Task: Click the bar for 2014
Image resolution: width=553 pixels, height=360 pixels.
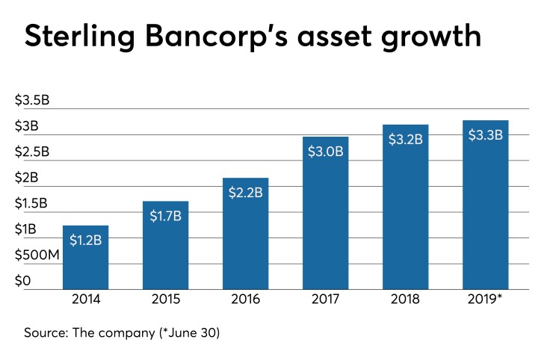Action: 85,258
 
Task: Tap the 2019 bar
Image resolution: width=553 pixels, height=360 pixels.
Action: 486,205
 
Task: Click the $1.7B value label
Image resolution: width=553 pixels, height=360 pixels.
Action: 166,216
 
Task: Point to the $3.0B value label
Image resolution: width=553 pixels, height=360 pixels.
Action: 326,151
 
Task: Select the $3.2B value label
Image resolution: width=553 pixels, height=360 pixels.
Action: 406,139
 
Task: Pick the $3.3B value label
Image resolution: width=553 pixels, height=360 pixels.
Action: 486,134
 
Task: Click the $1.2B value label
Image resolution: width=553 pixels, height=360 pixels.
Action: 85,240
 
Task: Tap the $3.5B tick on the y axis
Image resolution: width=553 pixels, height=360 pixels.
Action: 32,101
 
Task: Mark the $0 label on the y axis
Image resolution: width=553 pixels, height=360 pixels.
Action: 22,282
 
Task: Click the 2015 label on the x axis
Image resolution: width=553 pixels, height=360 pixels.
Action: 166,302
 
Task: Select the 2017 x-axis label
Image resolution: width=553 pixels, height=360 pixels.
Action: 326,302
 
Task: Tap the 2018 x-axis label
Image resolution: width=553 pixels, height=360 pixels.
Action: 406,302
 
